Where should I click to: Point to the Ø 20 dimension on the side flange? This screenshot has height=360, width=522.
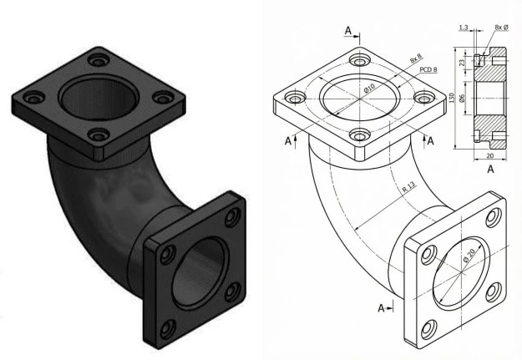tap(469, 260)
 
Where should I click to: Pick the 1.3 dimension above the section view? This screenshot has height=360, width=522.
tap(464, 28)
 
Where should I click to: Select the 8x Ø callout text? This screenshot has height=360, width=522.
tap(501, 28)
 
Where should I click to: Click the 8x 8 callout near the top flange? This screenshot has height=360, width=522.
tap(415, 58)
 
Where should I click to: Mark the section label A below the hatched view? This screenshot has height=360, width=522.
tap(489, 169)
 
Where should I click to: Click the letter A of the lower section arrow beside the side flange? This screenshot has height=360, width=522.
tap(381, 308)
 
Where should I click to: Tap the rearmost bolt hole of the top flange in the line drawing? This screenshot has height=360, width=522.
tap(360, 60)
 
